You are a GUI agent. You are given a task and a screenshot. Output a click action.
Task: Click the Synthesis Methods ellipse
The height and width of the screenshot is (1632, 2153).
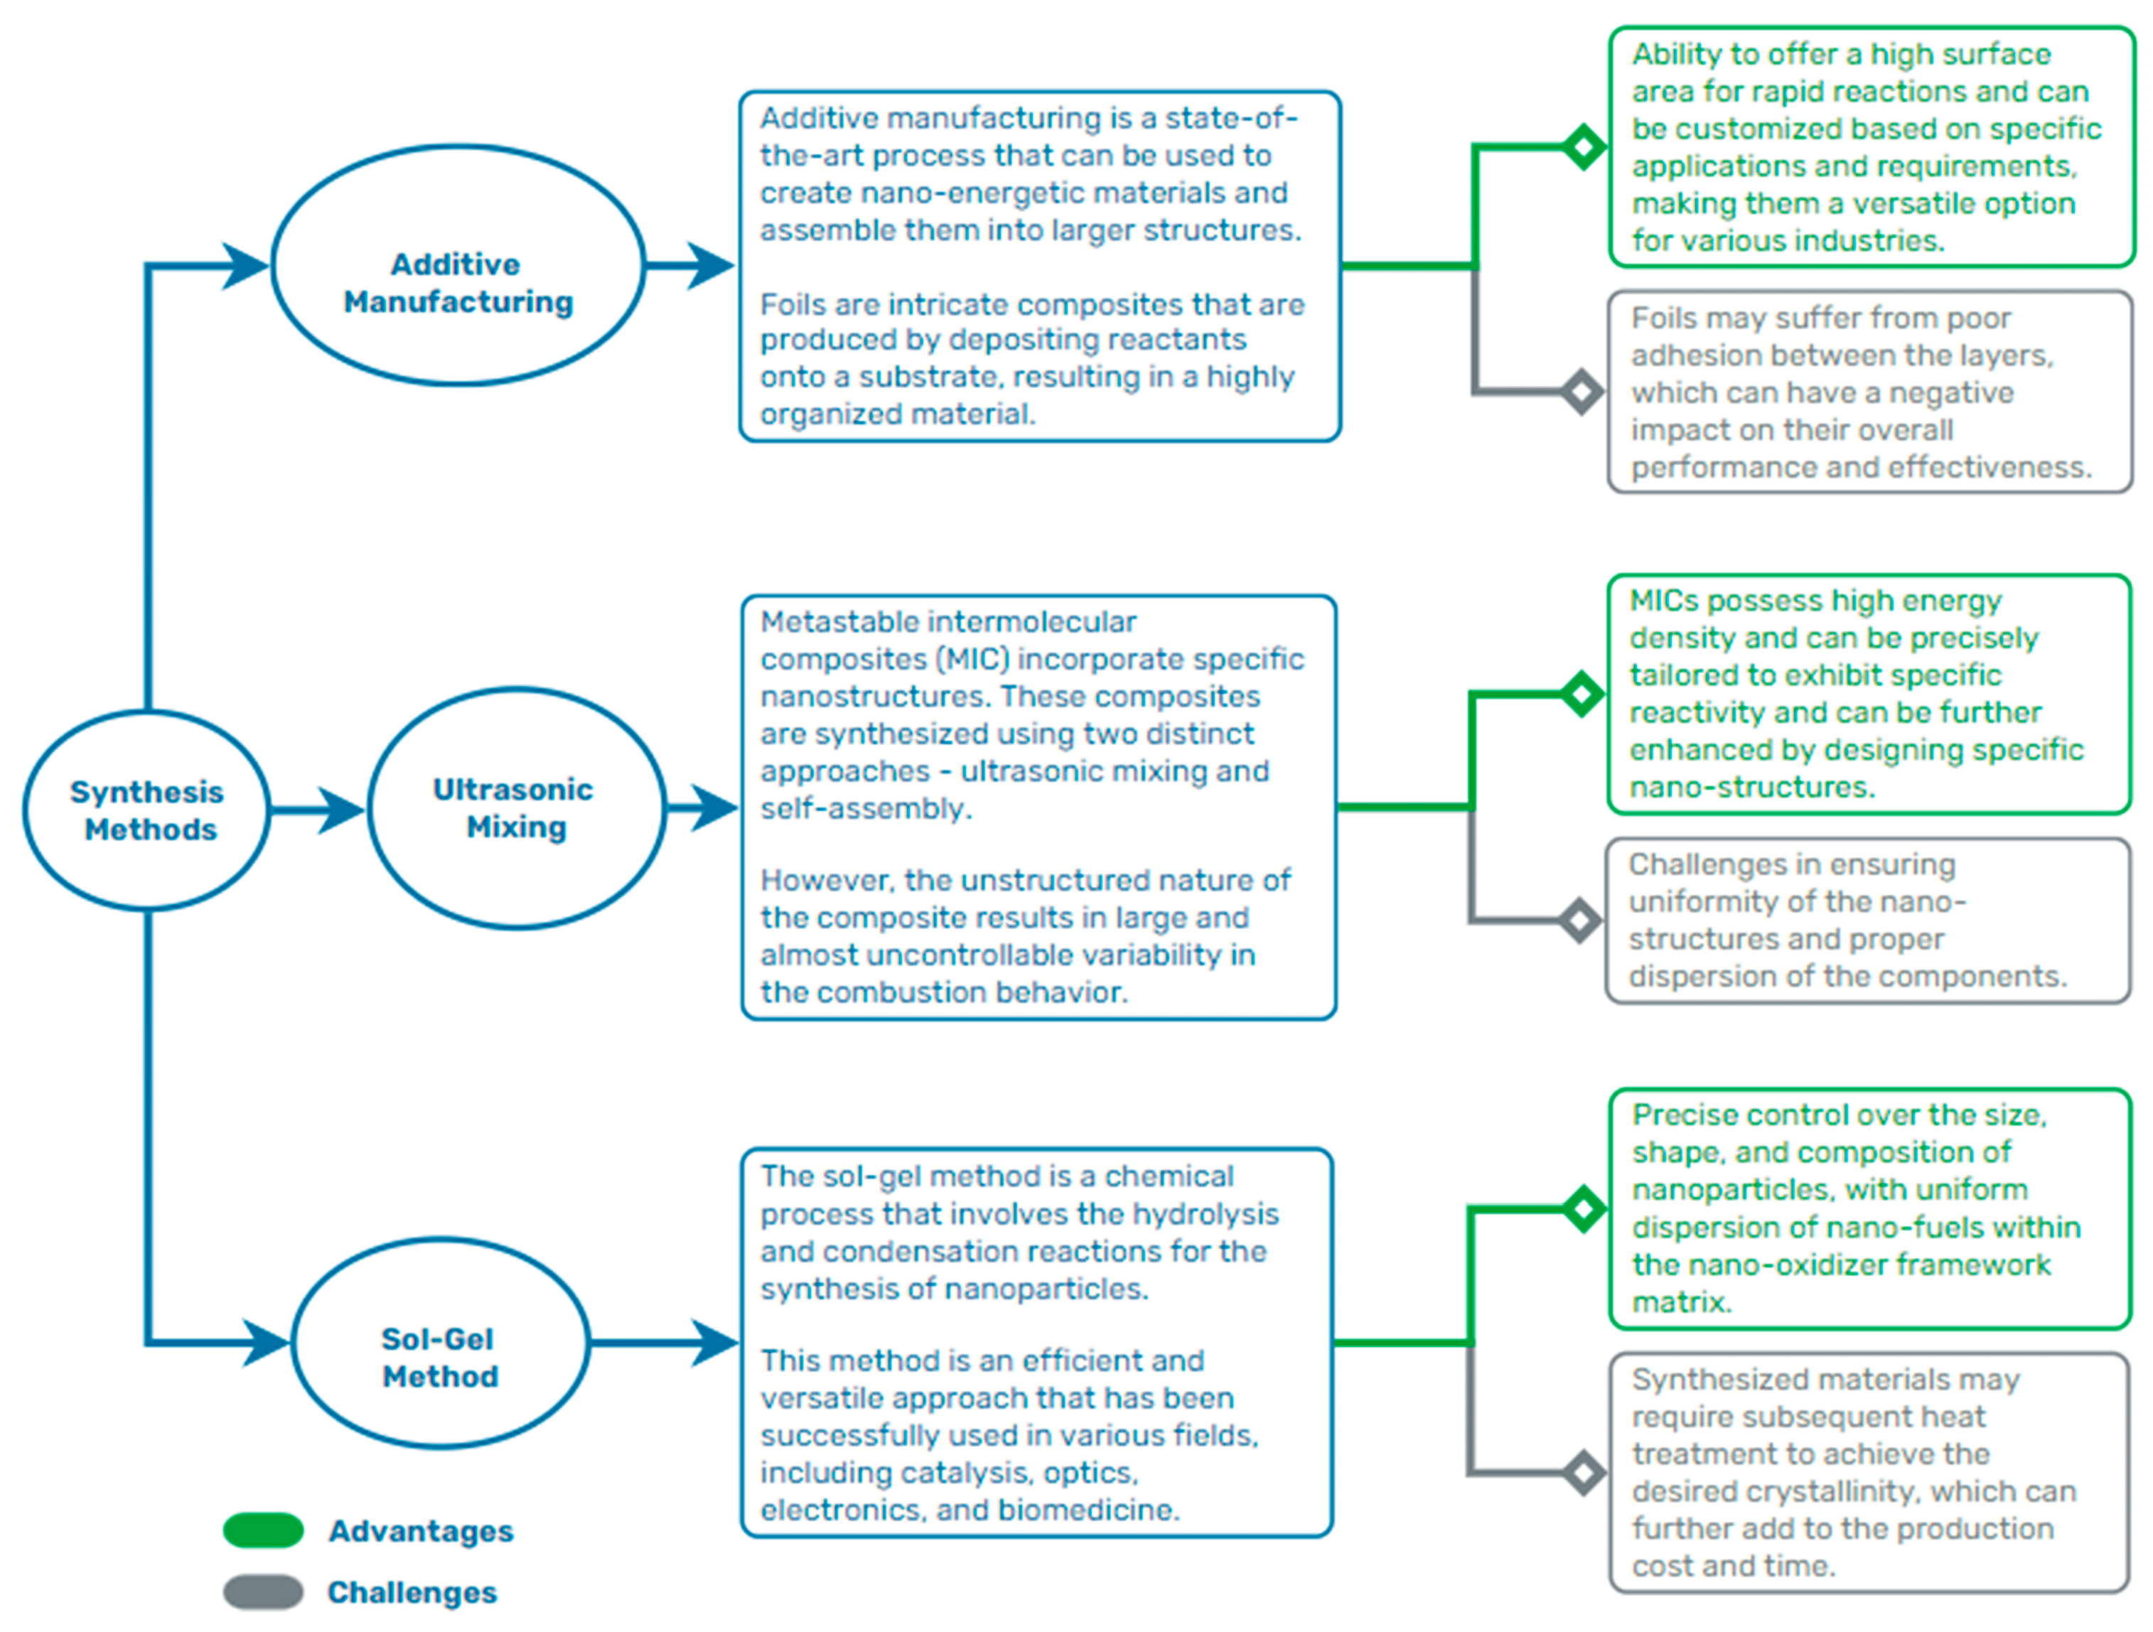click(146, 810)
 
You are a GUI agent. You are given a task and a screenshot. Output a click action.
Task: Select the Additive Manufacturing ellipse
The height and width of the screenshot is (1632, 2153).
click(458, 264)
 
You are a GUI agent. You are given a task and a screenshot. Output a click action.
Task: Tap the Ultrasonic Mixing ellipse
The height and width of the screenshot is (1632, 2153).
click(516, 807)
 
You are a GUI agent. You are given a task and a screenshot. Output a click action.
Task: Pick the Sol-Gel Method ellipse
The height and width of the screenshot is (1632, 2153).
click(440, 1343)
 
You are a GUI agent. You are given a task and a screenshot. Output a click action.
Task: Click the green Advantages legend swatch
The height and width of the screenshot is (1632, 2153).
click(263, 1530)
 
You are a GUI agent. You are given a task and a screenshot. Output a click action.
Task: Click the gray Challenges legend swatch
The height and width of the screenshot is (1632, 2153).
click(263, 1592)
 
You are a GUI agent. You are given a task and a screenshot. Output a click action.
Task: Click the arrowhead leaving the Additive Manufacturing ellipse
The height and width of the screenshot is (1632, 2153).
click(711, 264)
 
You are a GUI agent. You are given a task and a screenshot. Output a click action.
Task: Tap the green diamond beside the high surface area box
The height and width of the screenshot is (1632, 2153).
click(1584, 147)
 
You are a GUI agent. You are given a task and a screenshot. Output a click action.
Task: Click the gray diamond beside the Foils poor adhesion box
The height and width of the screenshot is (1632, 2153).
click(1582, 392)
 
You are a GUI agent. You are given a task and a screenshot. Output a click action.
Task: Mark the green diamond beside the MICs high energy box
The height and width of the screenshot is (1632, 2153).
click(1582, 694)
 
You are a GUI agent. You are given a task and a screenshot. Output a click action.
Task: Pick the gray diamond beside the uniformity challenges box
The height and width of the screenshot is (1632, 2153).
click(1579, 920)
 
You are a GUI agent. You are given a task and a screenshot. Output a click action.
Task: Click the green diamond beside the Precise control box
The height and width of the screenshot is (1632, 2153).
click(1584, 1208)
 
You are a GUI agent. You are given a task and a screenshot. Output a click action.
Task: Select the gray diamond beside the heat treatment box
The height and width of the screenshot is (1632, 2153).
click(1584, 1472)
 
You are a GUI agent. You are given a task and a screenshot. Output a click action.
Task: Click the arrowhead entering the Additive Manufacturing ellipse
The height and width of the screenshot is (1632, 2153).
click(245, 264)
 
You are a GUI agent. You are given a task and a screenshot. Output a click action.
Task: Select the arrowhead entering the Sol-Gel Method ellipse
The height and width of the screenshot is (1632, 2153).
click(266, 1343)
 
